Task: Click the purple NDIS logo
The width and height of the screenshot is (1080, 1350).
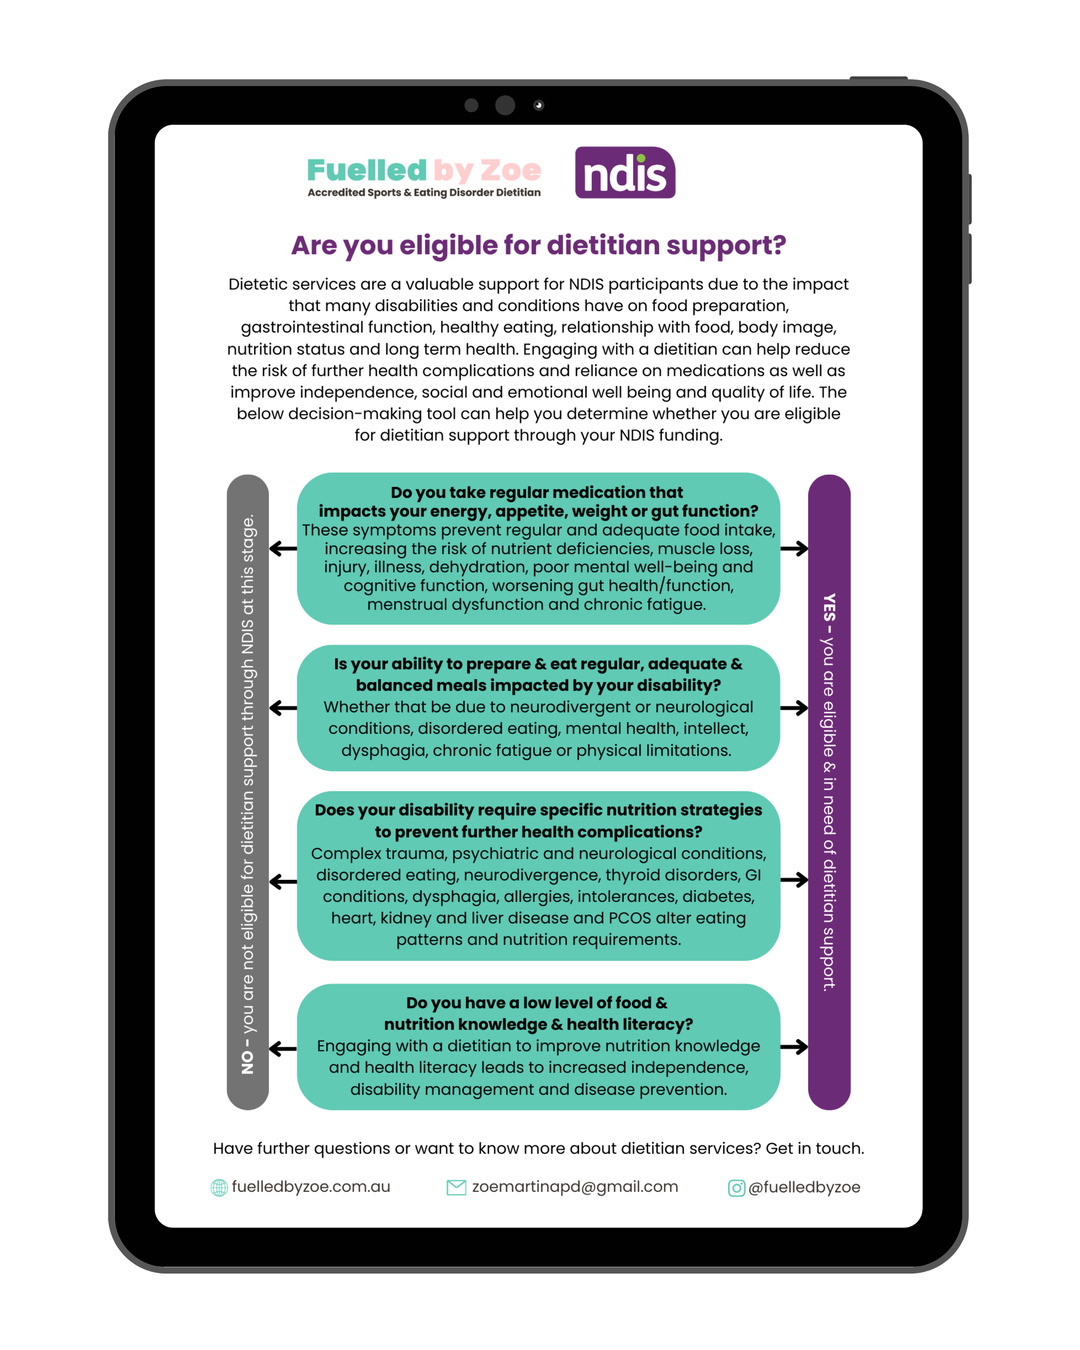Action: [625, 173]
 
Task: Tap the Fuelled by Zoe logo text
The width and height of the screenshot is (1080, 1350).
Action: [424, 170]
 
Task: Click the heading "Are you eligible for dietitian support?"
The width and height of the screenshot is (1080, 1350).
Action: [538, 245]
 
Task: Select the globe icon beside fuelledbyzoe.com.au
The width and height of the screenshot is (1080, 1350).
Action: [219, 1187]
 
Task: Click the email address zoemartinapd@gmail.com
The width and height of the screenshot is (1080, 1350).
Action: [575, 1187]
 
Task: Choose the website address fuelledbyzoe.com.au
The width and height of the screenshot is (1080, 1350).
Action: [311, 1187]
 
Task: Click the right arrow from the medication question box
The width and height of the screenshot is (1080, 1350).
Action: [794, 549]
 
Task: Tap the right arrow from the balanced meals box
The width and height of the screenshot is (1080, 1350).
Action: [794, 708]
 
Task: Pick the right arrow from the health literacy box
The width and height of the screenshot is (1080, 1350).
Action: [794, 1046]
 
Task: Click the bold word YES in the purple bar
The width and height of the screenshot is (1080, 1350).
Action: [829, 607]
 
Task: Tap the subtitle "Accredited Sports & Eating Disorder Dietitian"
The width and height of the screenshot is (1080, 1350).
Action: [424, 193]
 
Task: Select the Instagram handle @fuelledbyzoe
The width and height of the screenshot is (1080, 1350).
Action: [804, 1187]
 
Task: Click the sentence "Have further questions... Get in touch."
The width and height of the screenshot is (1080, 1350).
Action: [538, 1148]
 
